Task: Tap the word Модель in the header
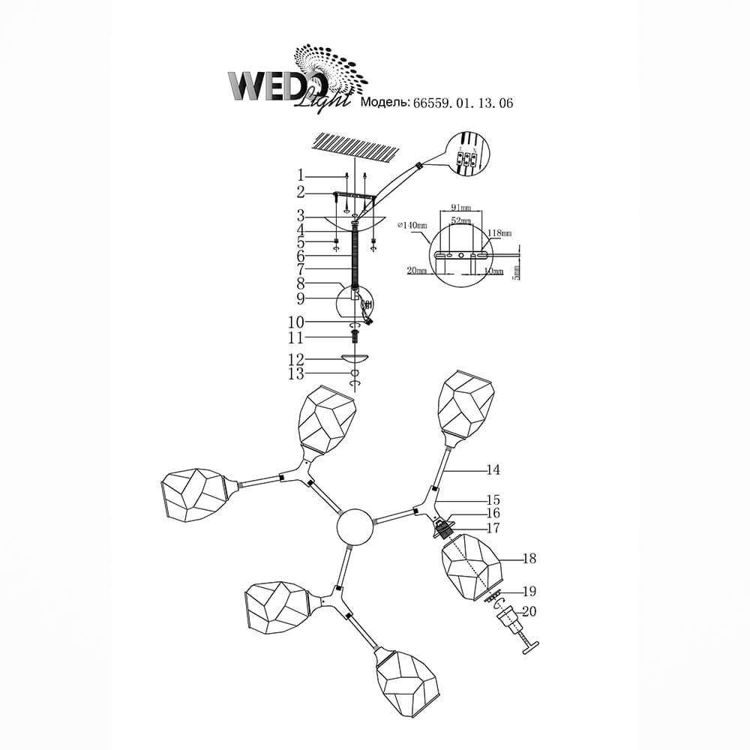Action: (384, 104)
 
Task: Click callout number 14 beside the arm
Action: (492, 470)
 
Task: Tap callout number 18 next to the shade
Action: (530, 559)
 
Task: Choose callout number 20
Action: (530, 611)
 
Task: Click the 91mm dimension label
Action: (460, 207)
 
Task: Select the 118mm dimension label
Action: (500, 233)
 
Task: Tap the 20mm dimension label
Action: (418, 271)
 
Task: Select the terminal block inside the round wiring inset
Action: (466, 158)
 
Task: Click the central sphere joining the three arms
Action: (355, 526)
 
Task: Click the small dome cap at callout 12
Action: (355, 359)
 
